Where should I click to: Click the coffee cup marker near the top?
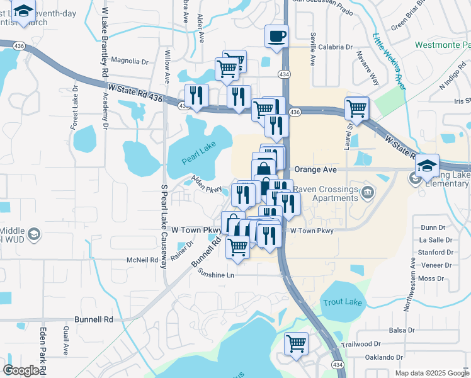click(276, 36)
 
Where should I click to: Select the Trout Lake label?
click(343, 302)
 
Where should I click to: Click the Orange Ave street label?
click(319, 169)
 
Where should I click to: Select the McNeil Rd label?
click(142, 260)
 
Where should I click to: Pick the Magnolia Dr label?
click(129, 62)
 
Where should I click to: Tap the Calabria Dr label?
click(335, 47)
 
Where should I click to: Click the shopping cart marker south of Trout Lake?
click(296, 344)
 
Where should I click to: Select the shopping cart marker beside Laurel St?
click(357, 108)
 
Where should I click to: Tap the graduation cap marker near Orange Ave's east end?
click(428, 166)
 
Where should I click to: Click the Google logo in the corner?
click(21, 370)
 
